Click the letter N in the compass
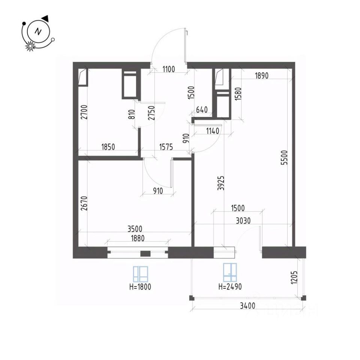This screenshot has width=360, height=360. coord(38,31)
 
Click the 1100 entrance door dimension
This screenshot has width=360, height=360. coord(169,69)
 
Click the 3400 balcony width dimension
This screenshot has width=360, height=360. coord(247,306)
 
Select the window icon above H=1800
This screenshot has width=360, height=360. coord(141,274)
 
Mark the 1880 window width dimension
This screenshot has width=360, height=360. coord(138,237)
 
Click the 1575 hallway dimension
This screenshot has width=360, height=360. coord(165,147)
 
